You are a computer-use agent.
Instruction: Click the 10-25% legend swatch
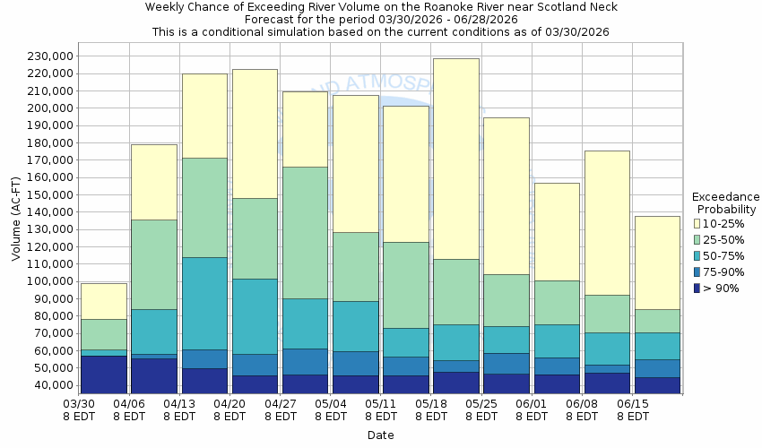click(x=697, y=223)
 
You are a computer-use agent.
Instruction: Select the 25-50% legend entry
click(x=697, y=239)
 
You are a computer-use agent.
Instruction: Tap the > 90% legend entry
click(x=697, y=288)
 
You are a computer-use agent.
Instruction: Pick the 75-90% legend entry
click(x=697, y=271)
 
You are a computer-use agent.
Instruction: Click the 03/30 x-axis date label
click(x=81, y=404)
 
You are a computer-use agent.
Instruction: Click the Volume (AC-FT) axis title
click(x=16, y=220)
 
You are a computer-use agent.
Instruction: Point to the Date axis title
click(x=380, y=435)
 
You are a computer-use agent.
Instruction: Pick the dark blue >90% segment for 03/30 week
click(x=104, y=375)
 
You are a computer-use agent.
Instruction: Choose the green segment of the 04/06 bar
click(x=154, y=264)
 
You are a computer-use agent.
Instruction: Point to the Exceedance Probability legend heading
click(x=725, y=202)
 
